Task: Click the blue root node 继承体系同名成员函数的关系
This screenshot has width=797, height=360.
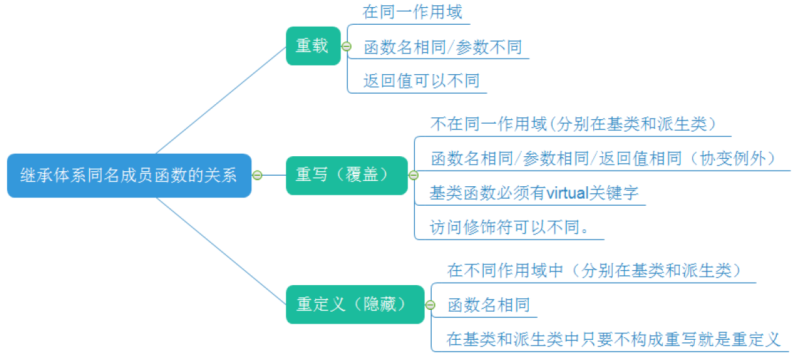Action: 129,175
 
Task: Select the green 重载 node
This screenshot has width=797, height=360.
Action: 313,46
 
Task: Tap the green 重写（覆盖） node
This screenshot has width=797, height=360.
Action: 346,175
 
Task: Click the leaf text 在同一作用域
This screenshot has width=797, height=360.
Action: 412,12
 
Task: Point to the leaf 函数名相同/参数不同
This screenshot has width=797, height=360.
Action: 443,47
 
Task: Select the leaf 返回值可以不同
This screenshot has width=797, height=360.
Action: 421,81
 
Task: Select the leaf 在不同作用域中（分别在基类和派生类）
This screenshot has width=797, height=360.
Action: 594,270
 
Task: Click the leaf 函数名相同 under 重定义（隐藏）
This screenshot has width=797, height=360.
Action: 488,305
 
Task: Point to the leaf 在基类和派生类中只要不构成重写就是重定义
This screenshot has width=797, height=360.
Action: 613,339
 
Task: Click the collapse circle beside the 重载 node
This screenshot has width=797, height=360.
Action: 346,46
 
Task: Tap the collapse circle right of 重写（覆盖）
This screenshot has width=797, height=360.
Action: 413,175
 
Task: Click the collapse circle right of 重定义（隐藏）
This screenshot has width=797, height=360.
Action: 430,305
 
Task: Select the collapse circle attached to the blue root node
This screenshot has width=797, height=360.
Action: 257,175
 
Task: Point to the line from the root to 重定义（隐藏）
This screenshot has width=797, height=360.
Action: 221,251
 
